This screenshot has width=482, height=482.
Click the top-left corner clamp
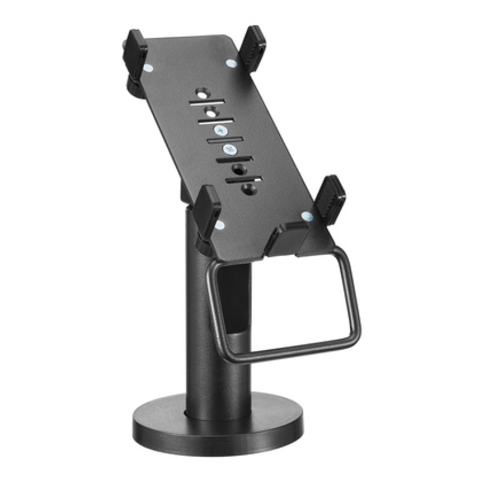pyautogui.click(x=136, y=57)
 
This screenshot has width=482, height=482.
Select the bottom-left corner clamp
pyautogui.click(x=208, y=211)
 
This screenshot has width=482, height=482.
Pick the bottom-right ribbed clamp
pyautogui.click(x=330, y=199)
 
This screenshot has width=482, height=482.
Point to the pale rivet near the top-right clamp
pyautogui.click(x=231, y=62)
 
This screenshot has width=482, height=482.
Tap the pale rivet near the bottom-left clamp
pyautogui.click(x=220, y=225)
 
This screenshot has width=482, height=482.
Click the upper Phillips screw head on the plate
pyautogui.click(x=220, y=130)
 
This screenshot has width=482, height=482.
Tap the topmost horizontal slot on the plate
pyautogui.click(x=207, y=102)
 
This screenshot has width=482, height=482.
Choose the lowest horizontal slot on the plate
pyautogui.click(x=244, y=179)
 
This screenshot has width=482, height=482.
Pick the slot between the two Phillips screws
pyautogui.click(x=223, y=140)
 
